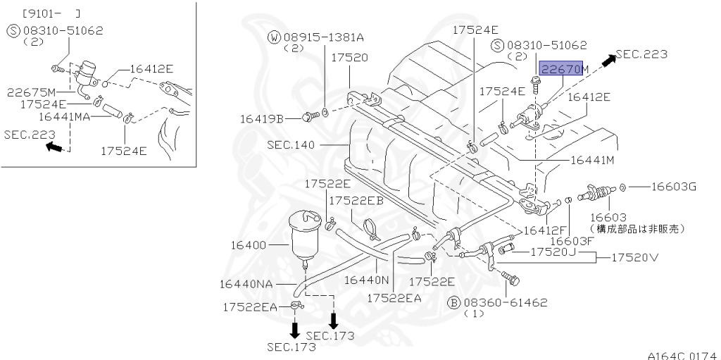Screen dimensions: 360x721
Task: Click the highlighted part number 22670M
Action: pos(563,69)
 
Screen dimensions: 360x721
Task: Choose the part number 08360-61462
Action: pos(506,302)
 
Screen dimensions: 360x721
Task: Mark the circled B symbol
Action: pos(454,302)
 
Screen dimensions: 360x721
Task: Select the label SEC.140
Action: pos(291,144)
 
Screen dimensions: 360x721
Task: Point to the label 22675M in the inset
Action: pos(32,92)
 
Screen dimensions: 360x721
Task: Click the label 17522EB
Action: pos(356,200)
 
